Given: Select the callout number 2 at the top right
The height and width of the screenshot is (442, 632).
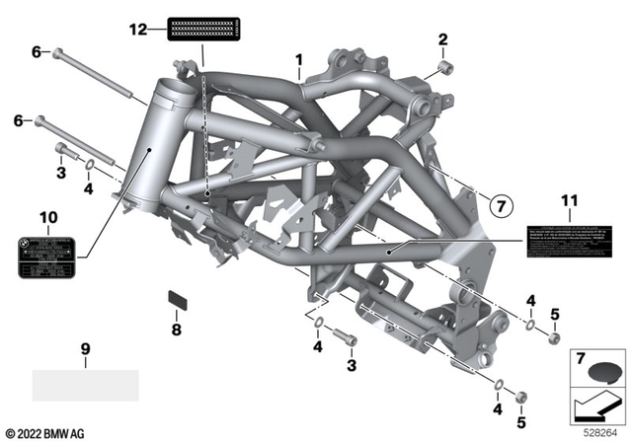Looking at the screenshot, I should (443, 39).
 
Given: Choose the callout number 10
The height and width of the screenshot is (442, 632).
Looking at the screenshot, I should (49, 216).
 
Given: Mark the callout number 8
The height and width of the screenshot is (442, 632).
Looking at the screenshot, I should (178, 331).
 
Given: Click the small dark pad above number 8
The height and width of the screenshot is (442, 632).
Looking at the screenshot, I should (178, 298).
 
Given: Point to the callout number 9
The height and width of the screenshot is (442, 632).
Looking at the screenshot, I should (85, 348).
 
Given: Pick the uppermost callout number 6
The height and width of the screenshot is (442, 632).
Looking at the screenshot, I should (37, 51).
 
